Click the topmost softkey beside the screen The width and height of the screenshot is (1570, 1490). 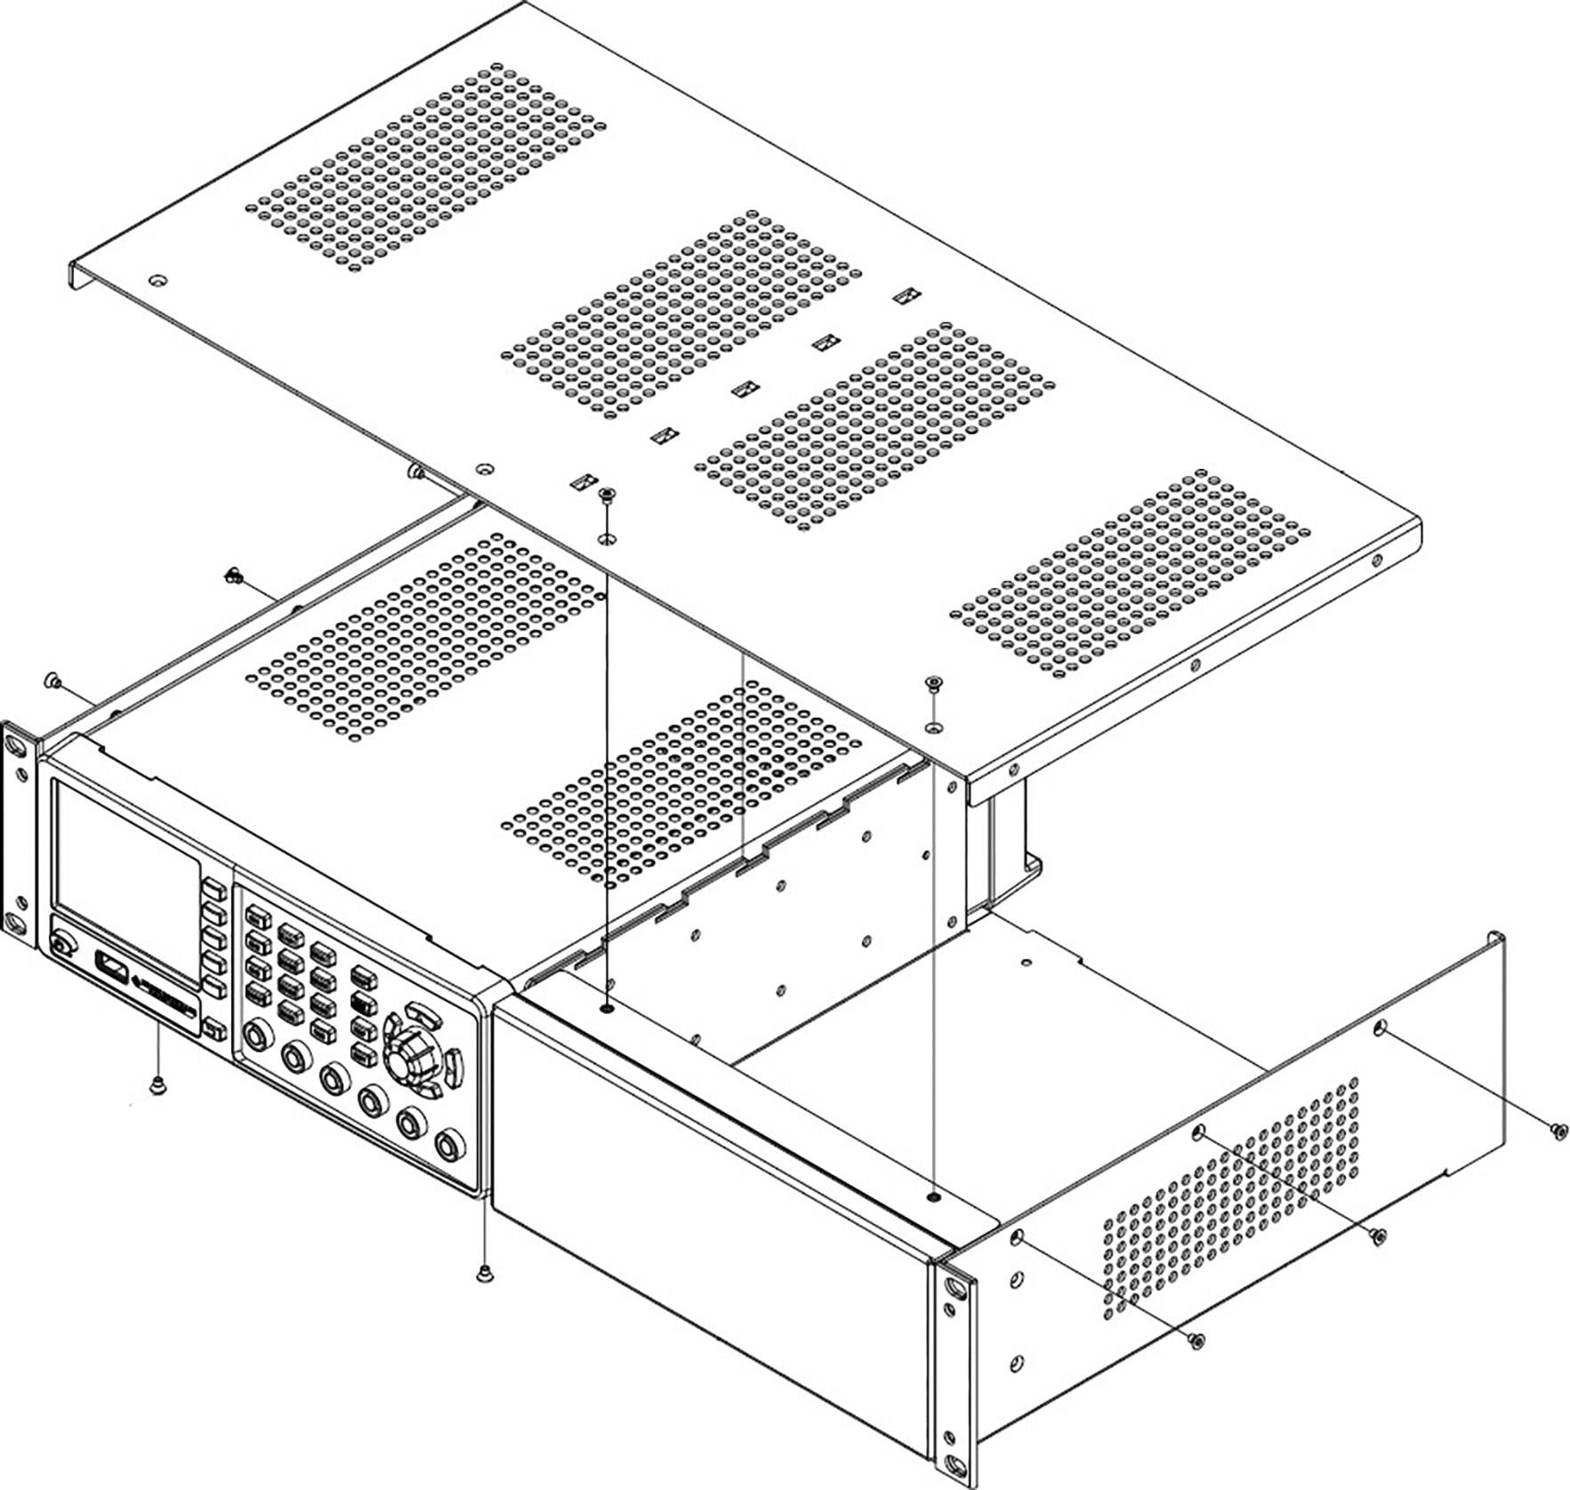pyautogui.click(x=213, y=890)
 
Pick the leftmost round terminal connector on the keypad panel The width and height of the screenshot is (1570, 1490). pyautogui.click(x=257, y=1035)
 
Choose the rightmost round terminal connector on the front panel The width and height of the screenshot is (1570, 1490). pyautogui.click(x=450, y=1143)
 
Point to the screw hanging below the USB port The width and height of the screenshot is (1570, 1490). pyautogui.click(x=158, y=1083)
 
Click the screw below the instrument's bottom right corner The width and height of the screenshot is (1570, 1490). pyautogui.click(x=485, y=1272)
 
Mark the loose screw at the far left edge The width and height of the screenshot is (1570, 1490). pyautogui.click(x=51, y=681)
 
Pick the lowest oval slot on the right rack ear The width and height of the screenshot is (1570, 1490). pyautogui.click(x=954, y=1466)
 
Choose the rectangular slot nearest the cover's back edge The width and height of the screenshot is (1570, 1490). pyautogui.click(x=906, y=294)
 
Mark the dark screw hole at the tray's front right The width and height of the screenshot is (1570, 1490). pyautogui.click(x=931, y=1197)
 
